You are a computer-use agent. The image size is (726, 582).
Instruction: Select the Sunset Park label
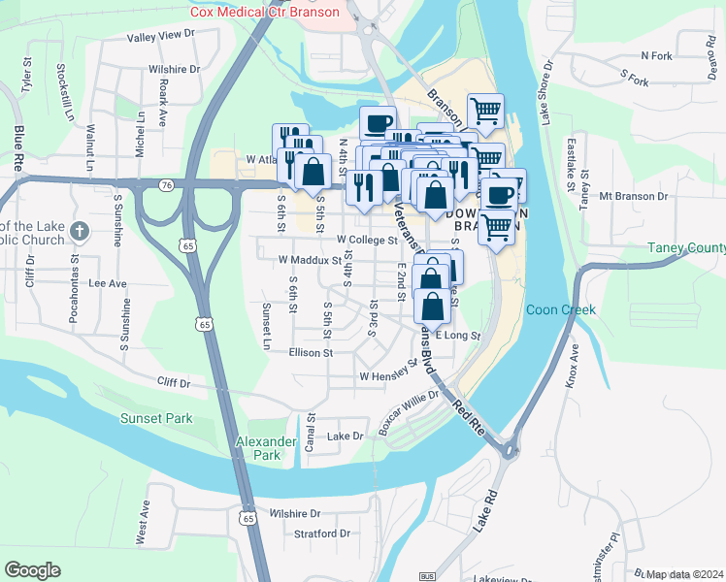pyautogui.click(x=156, y=419)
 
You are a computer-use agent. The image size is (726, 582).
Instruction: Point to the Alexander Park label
pyautogui.click(x=266, y=448)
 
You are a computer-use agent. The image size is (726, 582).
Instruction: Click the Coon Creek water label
pyautogui.click(x=560, y=310)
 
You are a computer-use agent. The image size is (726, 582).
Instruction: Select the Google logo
pyautogui.click(x=32, y=570)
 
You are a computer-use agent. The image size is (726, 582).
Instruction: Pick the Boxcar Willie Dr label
pyautogui.click(x=409, y=413)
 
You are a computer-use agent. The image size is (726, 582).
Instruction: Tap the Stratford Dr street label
pyautogui.click(x=322, y=533)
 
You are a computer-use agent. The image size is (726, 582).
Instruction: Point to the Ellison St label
pyautogui.click(x=311, y=353)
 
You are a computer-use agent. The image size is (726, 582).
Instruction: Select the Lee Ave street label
pyautogui.click(x=108, y=284)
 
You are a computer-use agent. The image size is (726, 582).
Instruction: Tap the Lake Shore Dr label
pyautogui.click(x=545, y=93)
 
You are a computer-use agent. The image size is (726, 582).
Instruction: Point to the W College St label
pyautogui.click(x=367, y=240)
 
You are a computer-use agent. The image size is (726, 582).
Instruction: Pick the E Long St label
pyautogui.click(x=458, y=336)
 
